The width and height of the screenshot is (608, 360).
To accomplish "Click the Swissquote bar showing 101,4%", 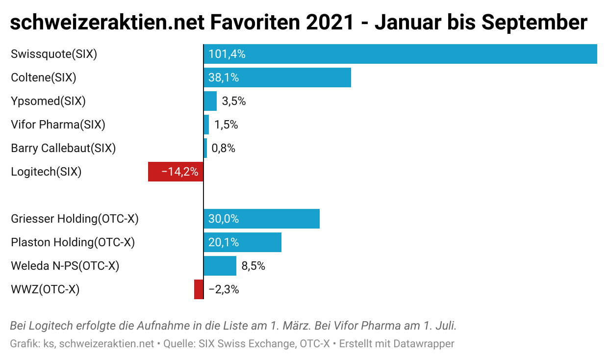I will [x=400, y=54].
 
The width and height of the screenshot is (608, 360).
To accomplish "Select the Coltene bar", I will [x=277, y=77].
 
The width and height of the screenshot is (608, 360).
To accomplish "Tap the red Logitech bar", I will [x=176, y=172].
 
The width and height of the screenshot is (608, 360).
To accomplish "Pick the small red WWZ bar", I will [x=199, y=289].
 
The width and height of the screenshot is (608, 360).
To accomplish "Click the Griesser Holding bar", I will [x=261, y=219].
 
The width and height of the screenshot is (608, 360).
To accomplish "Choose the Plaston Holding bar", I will [x=242, y=242].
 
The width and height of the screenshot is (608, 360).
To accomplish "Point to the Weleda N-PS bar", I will [x=220, y=266].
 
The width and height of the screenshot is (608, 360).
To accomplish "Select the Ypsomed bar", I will [x=210, y=101].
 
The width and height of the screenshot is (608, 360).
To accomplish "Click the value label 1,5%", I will [x=226, y=125].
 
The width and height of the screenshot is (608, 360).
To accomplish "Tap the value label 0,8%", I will [x=224, y=148].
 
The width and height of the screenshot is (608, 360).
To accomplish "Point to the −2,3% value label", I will [x=224, y=289].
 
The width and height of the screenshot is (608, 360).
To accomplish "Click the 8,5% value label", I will [x=253, y=266].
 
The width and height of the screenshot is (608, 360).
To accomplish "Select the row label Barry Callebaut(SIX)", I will [x=63, y=148].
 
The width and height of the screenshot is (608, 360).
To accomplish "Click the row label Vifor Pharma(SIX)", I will [x=58, y=125].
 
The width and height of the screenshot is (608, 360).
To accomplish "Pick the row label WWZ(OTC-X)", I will [x=45, y=289].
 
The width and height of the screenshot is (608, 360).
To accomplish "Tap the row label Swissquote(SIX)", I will [x=54, y=54].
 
